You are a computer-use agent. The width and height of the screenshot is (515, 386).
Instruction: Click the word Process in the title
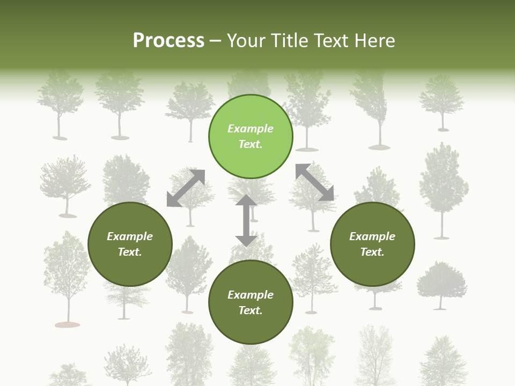pos(168,41)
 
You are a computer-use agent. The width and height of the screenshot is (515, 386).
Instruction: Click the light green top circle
pos(251,136)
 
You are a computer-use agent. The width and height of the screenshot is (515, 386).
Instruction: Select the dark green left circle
pos(130,244)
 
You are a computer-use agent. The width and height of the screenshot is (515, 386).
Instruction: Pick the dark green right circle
pos(372,244)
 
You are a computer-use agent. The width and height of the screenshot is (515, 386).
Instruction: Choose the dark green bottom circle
pos(251,302)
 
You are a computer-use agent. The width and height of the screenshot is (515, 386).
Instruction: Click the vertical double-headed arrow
pos(246,220)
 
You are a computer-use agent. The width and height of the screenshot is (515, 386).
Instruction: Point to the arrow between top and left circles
pos(186,188)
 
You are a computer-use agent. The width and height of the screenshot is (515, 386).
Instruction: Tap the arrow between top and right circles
pos(314,182)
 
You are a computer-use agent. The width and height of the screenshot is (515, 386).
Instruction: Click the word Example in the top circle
pos(251,129)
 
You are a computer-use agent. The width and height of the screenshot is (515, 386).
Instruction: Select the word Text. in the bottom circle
pos(251,310)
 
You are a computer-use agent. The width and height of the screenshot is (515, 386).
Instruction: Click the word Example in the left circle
pos(130,236)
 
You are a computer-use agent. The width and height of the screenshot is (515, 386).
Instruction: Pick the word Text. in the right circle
pos(372,252)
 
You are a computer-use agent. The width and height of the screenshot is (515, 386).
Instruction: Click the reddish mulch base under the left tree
pos(67,324)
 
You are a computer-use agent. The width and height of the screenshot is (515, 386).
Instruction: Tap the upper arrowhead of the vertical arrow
pos(246,201)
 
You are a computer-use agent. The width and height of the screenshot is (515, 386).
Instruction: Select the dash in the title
pos(215,41)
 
